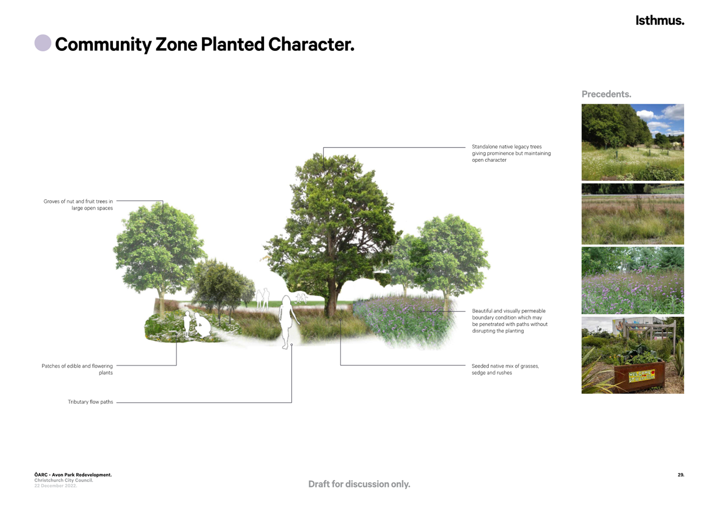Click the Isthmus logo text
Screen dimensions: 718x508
pos(659,21)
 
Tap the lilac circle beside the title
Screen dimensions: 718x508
pos(43,43)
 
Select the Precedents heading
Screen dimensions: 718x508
pos(606,94)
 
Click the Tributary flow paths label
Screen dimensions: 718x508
pos(90,402)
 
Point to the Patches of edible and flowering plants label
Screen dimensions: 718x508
pos(77,369)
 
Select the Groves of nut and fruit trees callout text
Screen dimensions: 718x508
pos(78,204)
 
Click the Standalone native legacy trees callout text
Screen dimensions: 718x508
pos(511,153)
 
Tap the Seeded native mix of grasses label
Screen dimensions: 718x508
pos(505,369)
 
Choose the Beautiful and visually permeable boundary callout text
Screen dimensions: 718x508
pos(509,321)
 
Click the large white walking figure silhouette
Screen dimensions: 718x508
pos(287,322)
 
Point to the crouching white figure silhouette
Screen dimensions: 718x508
pos(202,325)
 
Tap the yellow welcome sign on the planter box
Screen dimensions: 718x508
pos(641,375)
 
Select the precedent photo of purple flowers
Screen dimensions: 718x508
pos(632,280)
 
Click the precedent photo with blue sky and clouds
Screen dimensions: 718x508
pos(632,142)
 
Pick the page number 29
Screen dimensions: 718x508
pos(681,475)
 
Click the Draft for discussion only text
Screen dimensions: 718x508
pos(359,484)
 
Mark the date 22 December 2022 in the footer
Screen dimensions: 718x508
pos(55,485)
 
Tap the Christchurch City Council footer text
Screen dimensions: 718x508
pos(64,480)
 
